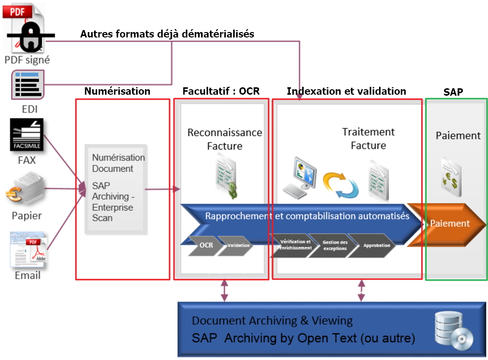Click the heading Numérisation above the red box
[x=117, y=91]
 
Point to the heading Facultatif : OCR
[x=221, y=91]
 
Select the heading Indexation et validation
[x=347, y=91]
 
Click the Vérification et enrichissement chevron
[x=295, y=245]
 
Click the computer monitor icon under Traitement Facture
[x=300, y=177]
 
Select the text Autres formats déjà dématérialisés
[x=167, y=34]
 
